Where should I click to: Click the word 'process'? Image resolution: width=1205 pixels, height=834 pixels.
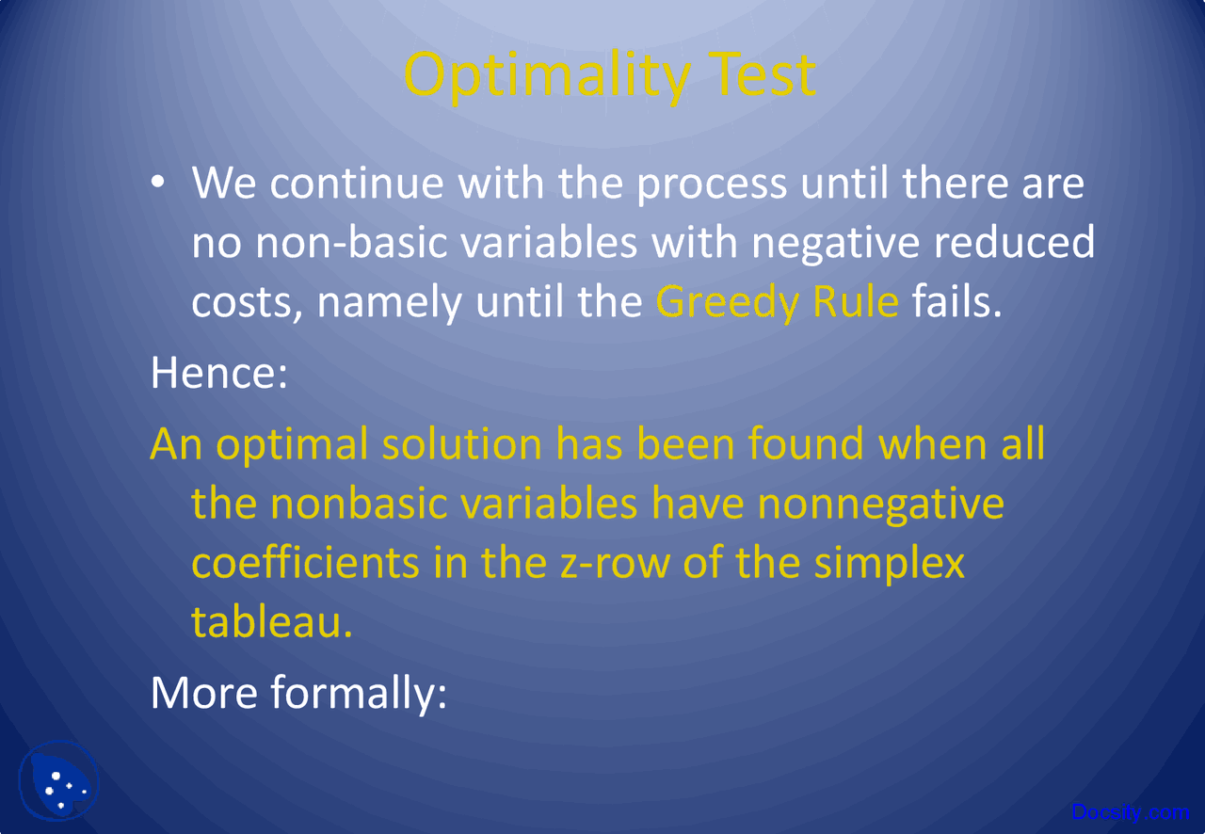pos(712,183)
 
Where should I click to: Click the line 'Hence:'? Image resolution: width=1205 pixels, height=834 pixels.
pos(218,373)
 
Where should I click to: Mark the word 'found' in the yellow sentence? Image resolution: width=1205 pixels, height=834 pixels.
pos(806,443)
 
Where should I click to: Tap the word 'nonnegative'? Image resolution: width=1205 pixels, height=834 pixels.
pos(880,503)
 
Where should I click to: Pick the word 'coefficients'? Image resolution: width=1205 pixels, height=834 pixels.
pos(305,562)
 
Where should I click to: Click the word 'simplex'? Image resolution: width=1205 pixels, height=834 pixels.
pos(890,562)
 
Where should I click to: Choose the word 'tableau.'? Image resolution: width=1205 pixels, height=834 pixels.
pos(271,621)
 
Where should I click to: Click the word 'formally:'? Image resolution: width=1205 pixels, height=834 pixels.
pos(358,692)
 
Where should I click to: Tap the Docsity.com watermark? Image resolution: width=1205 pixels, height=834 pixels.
pos(1131,811)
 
